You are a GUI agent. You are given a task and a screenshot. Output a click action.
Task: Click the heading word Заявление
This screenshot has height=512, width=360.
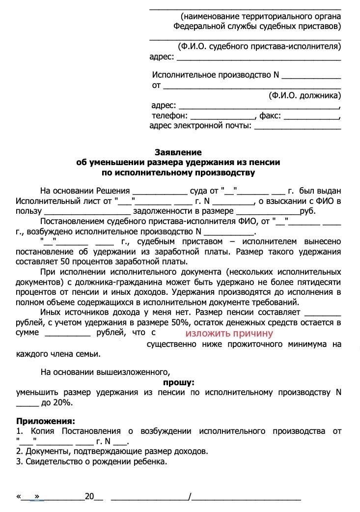pyautogui.click(x=178, y=152)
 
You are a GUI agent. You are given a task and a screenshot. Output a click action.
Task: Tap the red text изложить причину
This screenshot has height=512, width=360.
pyautogui.click(x=229, y=333)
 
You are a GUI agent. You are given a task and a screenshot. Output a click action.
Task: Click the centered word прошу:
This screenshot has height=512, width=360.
pyautogui.click(x=178, y=382)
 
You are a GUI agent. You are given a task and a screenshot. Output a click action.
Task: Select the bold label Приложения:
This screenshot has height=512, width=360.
pyautogui.click(x=46, y=421)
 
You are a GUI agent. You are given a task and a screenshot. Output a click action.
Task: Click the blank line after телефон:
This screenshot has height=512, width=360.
pyautogui.click(x=222, y=116)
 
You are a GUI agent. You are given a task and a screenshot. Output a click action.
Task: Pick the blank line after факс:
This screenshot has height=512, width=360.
pyautogui.click(x=312, y=116)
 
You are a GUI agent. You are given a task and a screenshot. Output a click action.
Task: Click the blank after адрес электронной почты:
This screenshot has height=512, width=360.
pyautogui.click(x=298, y=126)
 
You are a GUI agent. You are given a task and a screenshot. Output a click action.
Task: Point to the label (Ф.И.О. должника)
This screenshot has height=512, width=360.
pyautogui.click(x=305, y=95)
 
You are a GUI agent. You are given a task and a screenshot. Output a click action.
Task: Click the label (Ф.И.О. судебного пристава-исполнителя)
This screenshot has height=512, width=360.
pyautogui.click(x=259, y=47)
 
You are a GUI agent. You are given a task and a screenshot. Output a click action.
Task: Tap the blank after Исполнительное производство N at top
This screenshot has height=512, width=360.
pyautogui.click(x=311, y=76)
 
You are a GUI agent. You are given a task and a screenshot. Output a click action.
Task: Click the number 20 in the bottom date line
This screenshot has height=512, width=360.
pyautogui.click(x=89, y=496)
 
